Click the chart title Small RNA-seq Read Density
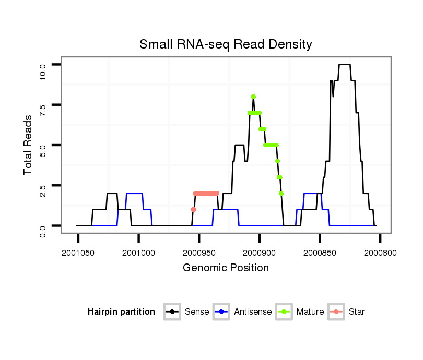[226, 44]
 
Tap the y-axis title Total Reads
[28, 145]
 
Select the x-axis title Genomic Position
[226, 268]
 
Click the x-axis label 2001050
[78, 253]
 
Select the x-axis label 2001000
[138, 253]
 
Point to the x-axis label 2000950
[199, 253]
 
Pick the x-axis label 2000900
[260, 253]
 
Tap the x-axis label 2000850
[320, 253]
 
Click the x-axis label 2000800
[380, 253]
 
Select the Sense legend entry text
[197, 312]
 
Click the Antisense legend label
[253, 312]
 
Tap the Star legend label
[357, 312]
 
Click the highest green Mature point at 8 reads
[253, 97]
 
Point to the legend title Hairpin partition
[121, 312]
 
